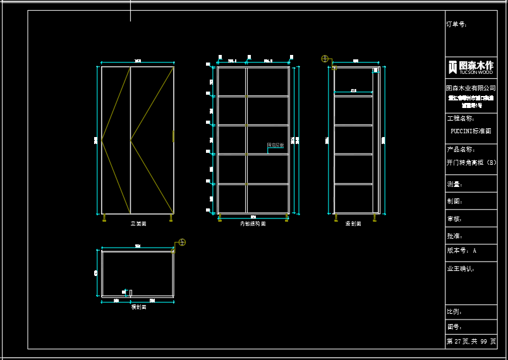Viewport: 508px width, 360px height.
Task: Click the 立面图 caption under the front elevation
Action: coord(138,224)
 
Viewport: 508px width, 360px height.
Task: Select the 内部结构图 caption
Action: coord(253,224)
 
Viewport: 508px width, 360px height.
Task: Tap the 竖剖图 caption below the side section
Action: coord(353,224)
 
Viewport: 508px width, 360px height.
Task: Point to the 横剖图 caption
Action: coord(138,307)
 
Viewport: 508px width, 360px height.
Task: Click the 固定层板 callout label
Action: coord(275,145)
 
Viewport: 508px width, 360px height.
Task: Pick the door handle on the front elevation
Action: coord(173,136)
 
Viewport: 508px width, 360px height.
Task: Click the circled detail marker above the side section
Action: coord(325,59)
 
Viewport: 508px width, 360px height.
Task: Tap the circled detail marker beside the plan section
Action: coord(182,242)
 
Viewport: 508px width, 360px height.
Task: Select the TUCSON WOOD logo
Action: coord(471,67)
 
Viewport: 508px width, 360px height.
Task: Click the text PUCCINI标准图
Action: coord(471,131)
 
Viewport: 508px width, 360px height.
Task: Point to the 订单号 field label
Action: coord(456,24)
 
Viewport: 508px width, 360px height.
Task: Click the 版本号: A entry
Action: coord(461,251)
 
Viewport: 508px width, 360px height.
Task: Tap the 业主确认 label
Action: coord(460,268)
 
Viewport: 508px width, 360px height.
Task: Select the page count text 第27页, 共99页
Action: coord(471,341)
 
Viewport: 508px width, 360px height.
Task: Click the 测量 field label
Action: coord(454,184)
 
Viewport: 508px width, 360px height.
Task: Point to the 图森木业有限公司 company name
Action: coord(471,88)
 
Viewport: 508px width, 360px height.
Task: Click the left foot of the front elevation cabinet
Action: coord(104,218)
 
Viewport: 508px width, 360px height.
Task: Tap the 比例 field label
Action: coord(454,312)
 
